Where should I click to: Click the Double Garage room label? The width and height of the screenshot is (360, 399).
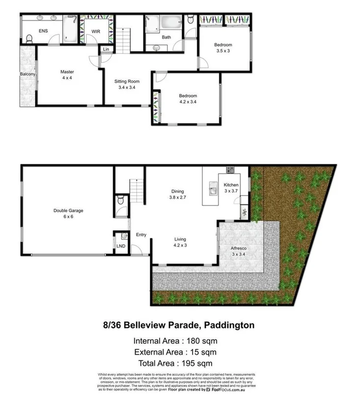pos(68,211)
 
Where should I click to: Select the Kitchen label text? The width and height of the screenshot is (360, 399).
pos(231,185)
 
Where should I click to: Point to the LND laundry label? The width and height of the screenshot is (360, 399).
pos(120,245)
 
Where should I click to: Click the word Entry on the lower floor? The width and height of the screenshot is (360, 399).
pos(141,235)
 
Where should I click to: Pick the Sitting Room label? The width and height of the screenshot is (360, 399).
pos(127,81)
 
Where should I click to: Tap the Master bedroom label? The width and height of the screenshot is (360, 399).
pos(67,72)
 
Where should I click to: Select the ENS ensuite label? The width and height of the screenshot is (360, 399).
pos(43,30)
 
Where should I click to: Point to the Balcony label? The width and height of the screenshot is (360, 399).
pos(28,74)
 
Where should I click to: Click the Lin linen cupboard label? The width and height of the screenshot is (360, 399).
pos(106,49)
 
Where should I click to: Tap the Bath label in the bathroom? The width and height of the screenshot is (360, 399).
pos(166,37)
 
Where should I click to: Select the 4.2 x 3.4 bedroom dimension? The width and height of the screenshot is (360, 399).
pos(188,102)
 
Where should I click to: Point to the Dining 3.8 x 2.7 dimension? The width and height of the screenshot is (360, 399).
pos(177,198)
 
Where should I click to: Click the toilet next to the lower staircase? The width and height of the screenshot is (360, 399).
pos(121,201)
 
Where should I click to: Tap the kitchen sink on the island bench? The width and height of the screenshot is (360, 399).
pos(213,188)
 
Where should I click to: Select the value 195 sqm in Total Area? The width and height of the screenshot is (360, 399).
pos(196,364)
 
